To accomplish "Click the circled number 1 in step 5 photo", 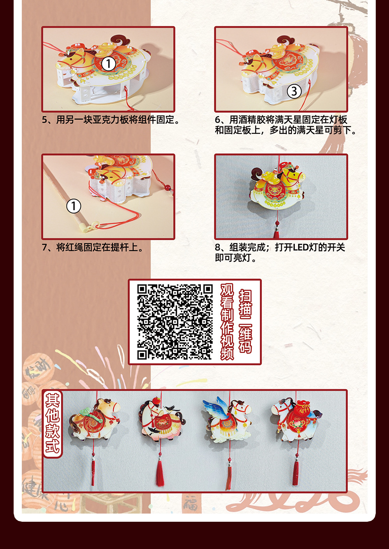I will [x=109, y=64].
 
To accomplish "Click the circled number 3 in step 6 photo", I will [x=294, y=91].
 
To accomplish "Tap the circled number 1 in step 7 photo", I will [x=74, y=206].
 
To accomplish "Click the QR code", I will [x=175, y=322].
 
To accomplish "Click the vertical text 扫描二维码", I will [x=245, y=321].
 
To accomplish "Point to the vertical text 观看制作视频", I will [x=227, y=321].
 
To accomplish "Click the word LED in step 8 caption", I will [x=300, y=247].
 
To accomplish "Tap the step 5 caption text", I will [x=111, y=120].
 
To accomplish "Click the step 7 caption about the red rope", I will [x=93, y=247].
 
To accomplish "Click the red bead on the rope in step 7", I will [x=168, y=188].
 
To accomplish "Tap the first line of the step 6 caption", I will [x=281, y=120].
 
